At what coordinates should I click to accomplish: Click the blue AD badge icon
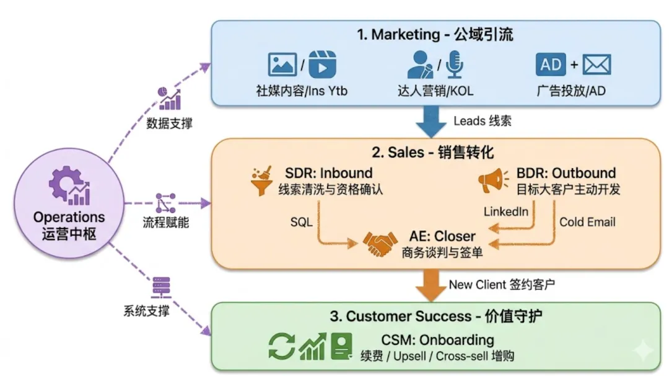551,65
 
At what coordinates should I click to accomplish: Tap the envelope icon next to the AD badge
597,65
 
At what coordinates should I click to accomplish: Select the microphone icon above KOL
455,64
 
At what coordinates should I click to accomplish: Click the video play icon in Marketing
322,64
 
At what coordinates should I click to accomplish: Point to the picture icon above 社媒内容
282,64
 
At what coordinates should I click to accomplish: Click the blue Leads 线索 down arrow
431,122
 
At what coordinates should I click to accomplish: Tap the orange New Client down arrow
431,285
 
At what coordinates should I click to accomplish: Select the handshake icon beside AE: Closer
380,244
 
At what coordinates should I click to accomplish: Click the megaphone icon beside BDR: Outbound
493,181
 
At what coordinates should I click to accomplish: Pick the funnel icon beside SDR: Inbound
261,181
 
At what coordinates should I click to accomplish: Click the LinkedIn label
505,212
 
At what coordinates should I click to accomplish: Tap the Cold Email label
587,222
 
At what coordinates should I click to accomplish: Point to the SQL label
301,222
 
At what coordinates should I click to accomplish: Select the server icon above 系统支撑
161,287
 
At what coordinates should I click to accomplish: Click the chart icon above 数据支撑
169,98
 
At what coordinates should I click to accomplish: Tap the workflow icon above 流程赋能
165,203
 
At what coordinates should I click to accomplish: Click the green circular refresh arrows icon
282,346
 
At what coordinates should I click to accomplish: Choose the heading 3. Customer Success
401,316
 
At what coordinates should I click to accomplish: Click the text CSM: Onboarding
437,340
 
